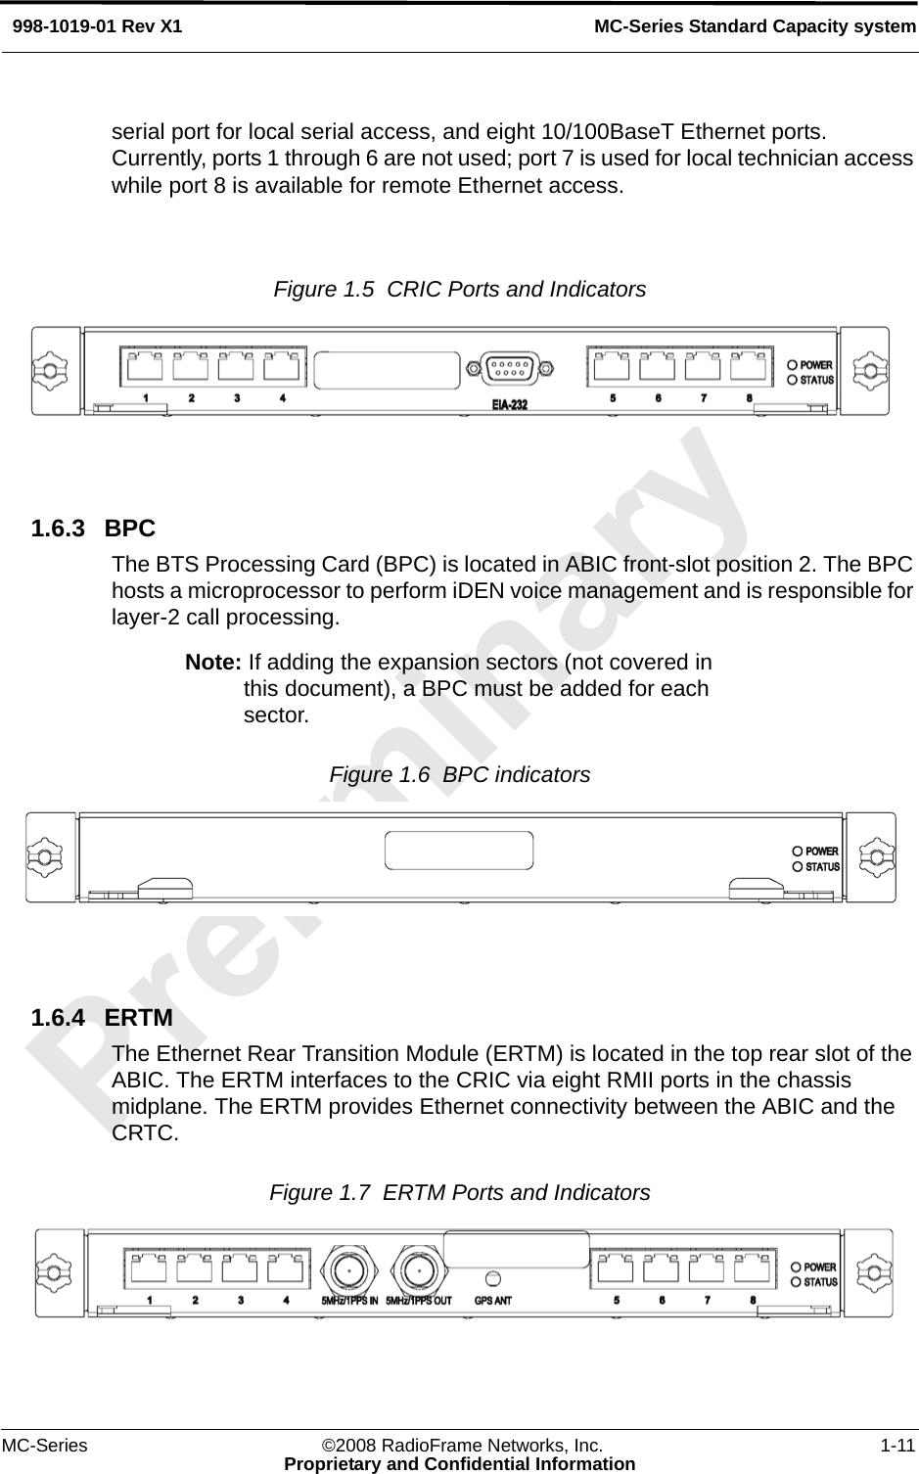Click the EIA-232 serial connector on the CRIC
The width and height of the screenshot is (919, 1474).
click(509, 368)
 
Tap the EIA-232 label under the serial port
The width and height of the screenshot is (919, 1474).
click(509, 403)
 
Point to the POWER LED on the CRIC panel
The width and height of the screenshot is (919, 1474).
click(793, 365)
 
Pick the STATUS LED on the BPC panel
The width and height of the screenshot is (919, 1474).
click(798, 866)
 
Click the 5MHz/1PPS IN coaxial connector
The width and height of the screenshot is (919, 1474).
click(345, 1268)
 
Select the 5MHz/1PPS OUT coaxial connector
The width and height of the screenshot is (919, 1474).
click(419, 1268)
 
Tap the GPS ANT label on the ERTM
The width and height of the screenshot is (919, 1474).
click(493, 1302)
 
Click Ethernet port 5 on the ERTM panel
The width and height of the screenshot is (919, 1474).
click(617, 1268)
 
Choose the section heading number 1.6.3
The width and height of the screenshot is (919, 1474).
click(59, 529)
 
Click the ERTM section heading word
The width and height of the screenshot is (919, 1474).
click(139, 1018)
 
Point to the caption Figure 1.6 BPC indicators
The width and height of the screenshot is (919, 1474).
click(460, 774)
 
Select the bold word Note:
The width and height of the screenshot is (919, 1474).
click(213, 663)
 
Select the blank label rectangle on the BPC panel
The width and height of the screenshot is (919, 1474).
click(460, 850)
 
